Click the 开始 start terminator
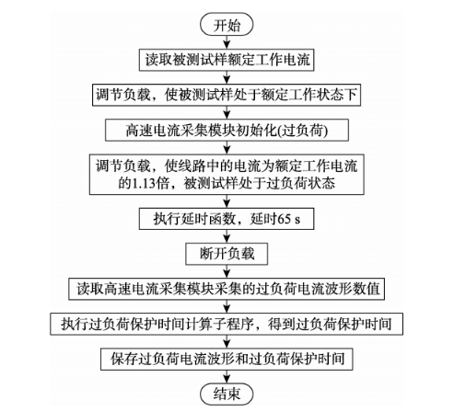(227, 25)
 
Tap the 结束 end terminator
(227, 394)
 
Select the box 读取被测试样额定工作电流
(227, 60)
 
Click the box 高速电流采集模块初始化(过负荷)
(227, 131)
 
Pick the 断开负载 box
(227, 254)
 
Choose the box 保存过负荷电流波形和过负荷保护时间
(227, 359)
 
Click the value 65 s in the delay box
(288, 219)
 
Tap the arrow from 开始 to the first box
(227, 42)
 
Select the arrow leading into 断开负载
(227, 236)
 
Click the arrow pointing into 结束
(227, 376)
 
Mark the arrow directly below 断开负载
(227, 271)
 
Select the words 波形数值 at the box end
(353, 289)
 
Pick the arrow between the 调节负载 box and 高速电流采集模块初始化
(227, 113)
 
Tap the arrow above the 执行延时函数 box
(227, 201)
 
